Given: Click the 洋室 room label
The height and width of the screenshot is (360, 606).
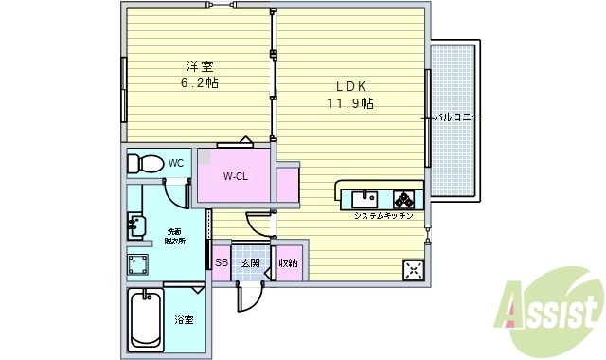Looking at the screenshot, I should [x=200, y=66].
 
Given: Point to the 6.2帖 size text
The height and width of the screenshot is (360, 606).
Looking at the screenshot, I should [x=200, y=83].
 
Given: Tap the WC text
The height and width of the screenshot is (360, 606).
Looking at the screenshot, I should [x=176, y=163].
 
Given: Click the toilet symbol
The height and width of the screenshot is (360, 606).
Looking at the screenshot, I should [x=145, y=163].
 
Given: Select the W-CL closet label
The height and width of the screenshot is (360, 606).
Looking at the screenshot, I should [x=235, y=176].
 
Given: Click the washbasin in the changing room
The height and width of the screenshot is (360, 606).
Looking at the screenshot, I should [x=136, y=226].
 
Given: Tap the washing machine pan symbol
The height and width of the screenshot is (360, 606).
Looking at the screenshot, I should [x=137, y=263].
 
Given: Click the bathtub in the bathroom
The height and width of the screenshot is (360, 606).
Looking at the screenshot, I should [x=146, y=320].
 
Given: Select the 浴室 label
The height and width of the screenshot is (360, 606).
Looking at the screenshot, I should [x=184, y=320].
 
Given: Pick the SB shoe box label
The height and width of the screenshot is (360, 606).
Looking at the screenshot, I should [x=221, y=263].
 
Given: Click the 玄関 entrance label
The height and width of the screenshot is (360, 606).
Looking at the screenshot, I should [x=249, y=263].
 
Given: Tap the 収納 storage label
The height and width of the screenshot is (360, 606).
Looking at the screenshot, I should [x=288, y=263].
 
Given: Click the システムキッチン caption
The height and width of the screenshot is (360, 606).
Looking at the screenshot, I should [x=383, y=217].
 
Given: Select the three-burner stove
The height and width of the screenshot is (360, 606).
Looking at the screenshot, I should [x=405, y=199].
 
